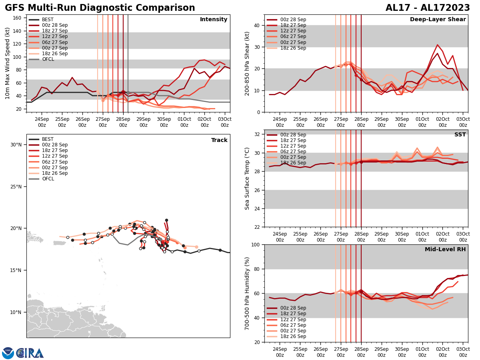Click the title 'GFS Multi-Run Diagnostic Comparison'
100,8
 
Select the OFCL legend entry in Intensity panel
48,59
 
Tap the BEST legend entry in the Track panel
48,139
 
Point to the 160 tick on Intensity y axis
18,18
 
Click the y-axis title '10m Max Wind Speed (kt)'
8,63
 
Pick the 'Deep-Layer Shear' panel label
438,20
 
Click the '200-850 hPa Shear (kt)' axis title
247,63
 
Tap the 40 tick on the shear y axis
256,25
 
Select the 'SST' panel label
460,135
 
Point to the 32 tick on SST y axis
256,134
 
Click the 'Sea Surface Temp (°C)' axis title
247,178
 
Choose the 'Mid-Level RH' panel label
445,250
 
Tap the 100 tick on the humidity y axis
255,244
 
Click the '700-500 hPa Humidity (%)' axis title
247,293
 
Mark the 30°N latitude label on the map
16,144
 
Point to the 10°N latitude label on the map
16,312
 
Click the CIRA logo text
30,353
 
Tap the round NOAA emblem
8,353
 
